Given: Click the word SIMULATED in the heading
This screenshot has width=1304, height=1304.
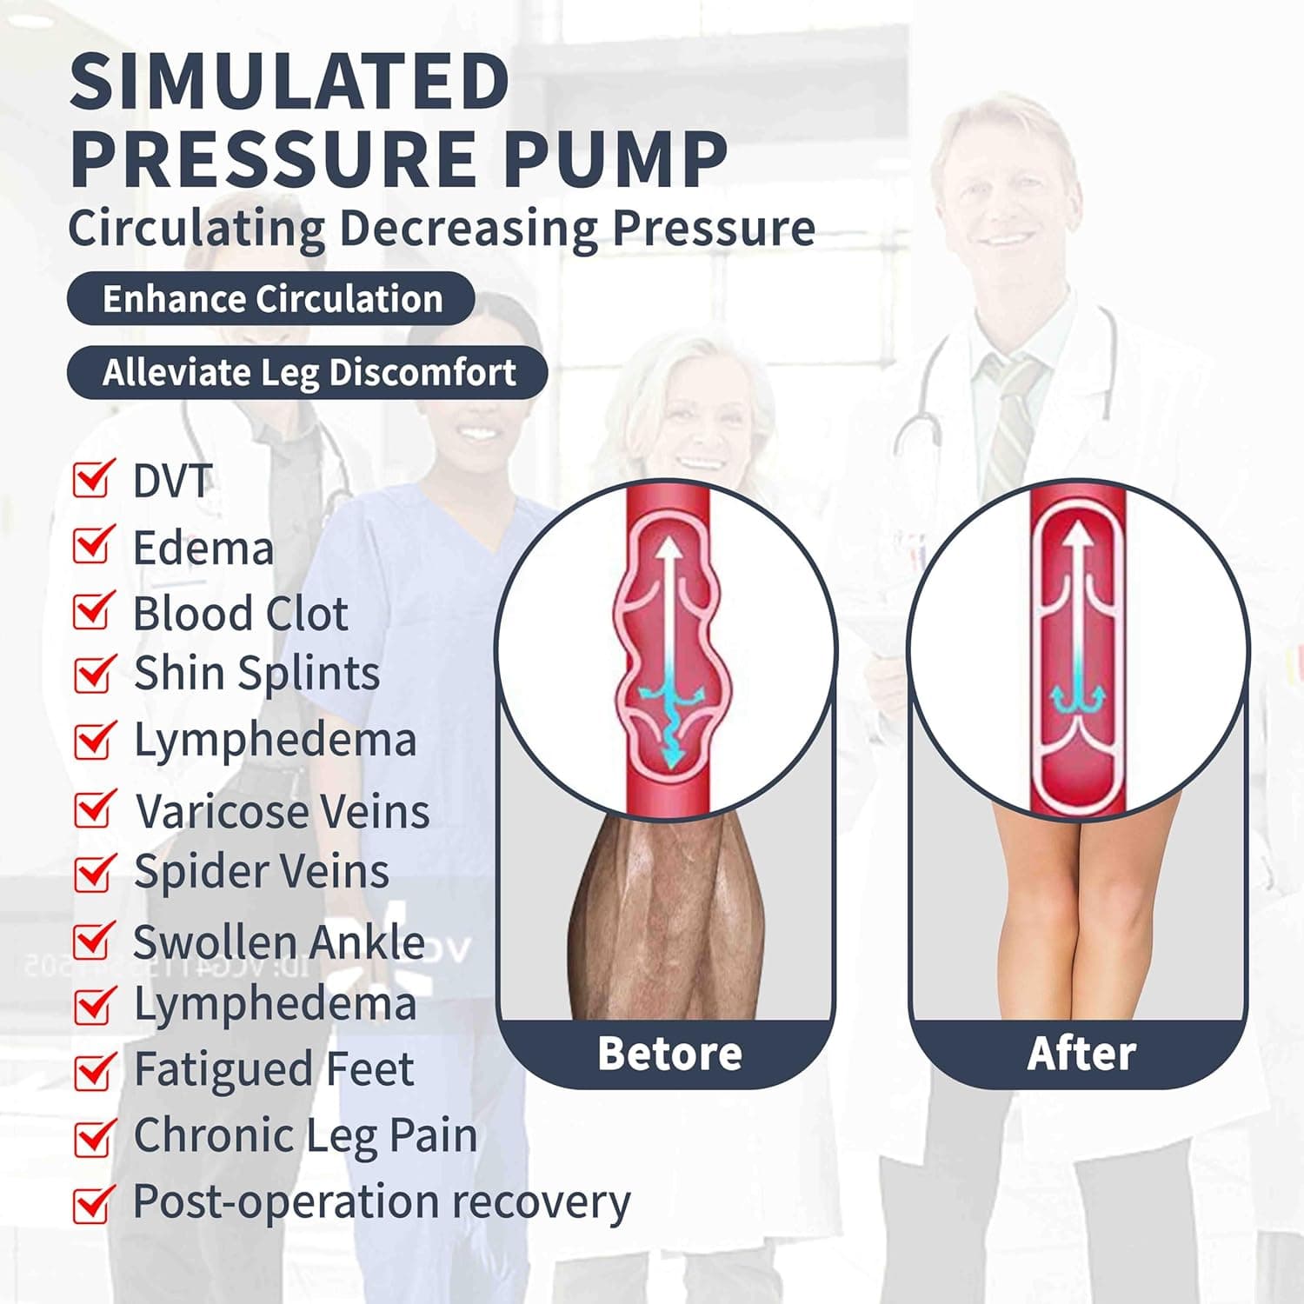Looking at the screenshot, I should coord(289,81).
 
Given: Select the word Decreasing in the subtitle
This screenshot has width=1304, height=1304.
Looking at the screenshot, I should coord(468,229).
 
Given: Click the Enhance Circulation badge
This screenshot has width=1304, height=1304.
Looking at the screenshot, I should coord(271,299).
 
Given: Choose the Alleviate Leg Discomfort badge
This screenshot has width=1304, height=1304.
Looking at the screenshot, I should coord(308,373).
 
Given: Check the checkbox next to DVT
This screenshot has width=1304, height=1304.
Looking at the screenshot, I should coord(93,479).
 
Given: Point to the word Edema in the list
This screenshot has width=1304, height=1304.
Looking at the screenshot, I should coord(203,549).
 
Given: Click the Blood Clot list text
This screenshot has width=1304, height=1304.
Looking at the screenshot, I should coord(241,614).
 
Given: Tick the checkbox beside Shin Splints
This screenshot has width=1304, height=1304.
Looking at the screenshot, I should coord(93,674).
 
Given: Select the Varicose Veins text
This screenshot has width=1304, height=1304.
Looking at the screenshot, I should coord(283,812).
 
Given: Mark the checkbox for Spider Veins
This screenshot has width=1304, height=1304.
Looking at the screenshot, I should coord(93,873).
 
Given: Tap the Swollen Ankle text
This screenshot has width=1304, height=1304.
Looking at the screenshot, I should coord(278,941).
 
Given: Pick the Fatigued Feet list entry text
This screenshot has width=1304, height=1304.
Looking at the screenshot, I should coord(274,1069).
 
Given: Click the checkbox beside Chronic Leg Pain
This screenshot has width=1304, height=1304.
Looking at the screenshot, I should coord(93,1137).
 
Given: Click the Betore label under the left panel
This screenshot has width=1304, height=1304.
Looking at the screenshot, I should coord(669,1054).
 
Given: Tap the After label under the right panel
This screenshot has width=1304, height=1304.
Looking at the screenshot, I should coord(1081,1054).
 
